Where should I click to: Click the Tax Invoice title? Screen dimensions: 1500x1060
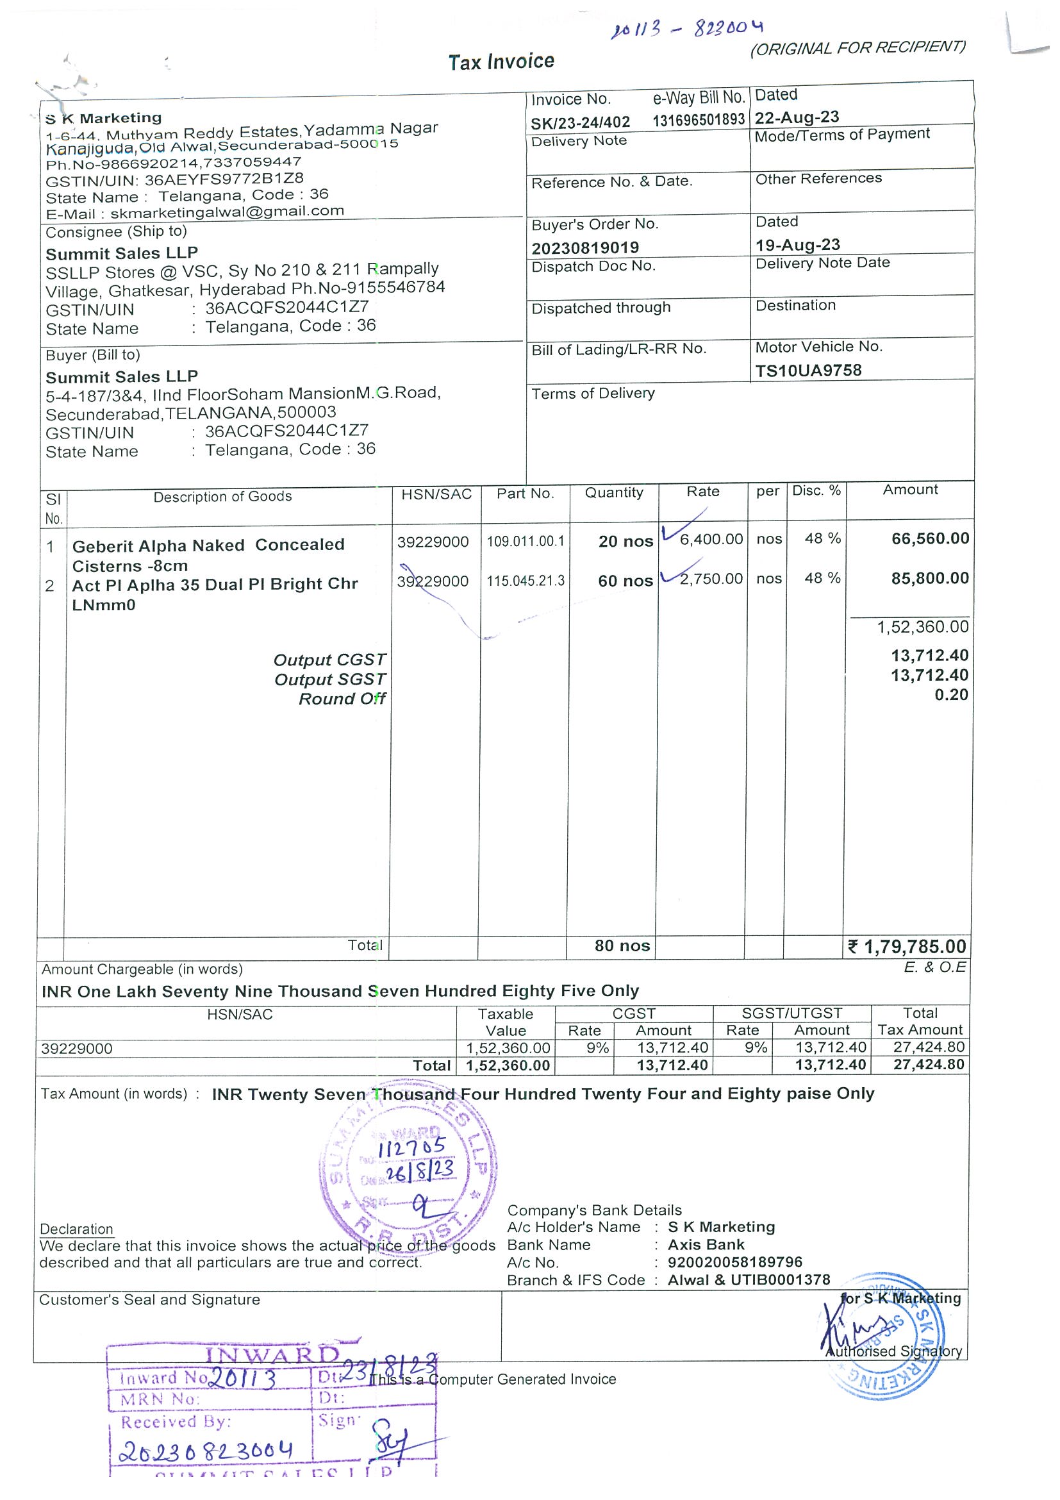coord(501,62)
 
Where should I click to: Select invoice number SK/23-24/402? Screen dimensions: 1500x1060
coord(580,122)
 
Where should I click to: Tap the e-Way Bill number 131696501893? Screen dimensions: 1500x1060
coord(698,120)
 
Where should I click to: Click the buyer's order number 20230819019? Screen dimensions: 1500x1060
coord(584,247)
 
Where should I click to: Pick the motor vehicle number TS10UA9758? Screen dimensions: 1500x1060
coord(808,371)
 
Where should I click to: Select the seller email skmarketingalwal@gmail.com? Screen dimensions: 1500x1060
coord(227,212)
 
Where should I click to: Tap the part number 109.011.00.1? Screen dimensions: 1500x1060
coord(525,541)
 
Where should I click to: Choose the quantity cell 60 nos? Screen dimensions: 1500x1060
coord(625,581)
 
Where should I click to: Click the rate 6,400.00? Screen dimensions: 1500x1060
coord(711,539)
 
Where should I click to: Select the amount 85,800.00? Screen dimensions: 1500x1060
coord(929,578)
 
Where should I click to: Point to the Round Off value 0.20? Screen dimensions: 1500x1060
coord(951,694)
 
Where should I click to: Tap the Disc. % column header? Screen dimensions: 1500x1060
coord(816,490)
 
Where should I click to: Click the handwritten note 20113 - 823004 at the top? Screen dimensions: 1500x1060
coord(686,28)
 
